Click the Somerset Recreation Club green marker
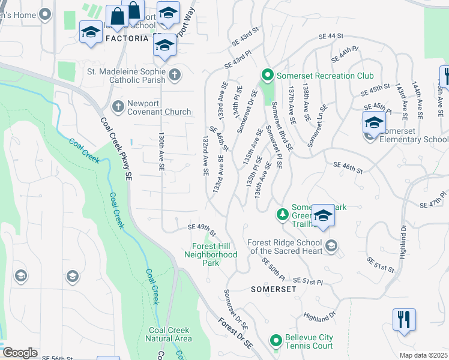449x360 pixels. [x=267, y=76]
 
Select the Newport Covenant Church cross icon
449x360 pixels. [x=118, y=106]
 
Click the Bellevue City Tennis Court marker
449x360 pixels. [x=276, y=341]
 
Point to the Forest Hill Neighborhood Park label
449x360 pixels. [x=214, y=254]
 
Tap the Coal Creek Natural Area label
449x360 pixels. [x=170, y=334]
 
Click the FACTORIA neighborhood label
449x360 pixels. [x=127, y=38]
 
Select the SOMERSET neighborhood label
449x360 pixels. [x=273, y=289]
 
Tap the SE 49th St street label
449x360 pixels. [x=201, y=228]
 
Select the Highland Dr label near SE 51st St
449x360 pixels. [x=318, y=316]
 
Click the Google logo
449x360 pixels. [x=20, y=353]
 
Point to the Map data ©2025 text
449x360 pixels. [x=423, y=355]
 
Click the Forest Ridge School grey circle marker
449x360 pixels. [x=331, y=245]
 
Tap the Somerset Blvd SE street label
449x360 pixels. [x=282, y=126]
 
